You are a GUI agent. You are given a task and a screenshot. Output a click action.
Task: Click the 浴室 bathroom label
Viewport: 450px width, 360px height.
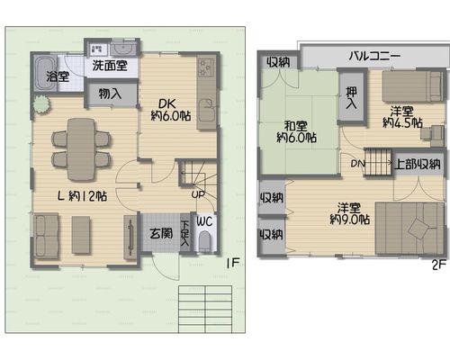click(x=58, y=76)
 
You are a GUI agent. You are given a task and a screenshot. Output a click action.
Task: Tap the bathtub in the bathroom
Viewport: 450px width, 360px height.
click(x=45, y=74)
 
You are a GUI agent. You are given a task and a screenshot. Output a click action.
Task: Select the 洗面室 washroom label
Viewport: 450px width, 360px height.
click(x=110, y=65)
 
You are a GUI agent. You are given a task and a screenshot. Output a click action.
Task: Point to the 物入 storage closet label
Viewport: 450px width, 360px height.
click(x=110, y=94)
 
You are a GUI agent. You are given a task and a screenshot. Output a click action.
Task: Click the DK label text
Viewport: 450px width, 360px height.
click(x=167, y=103)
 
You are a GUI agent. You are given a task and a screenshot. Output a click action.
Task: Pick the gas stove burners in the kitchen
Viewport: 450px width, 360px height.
click(x=207, y=67)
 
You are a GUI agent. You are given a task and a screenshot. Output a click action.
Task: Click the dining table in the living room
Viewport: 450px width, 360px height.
click(x=81, y=149)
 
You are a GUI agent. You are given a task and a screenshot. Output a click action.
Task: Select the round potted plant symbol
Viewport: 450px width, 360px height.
click(x=41, y=104)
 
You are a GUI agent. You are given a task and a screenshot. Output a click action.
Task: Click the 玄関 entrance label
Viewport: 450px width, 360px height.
click(x=161, y=233)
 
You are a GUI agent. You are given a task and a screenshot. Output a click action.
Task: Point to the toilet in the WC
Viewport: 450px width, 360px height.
click(x=206, y=241)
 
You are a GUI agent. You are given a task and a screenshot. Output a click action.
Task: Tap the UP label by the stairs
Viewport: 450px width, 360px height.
click(x=198, y=194)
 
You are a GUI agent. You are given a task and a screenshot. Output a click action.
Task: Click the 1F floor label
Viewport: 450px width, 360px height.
click(x=233, y=263)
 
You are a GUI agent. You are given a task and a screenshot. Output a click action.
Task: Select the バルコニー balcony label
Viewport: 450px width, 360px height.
click(x=374, y=56)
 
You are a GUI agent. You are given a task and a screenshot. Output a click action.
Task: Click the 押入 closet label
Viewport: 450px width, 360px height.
click(x=351, y=98)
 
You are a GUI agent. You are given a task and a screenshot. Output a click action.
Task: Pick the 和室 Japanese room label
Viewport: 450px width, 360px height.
click(x=296, y=126)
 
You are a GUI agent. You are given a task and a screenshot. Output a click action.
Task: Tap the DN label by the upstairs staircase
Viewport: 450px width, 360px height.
click(x=357, y=164)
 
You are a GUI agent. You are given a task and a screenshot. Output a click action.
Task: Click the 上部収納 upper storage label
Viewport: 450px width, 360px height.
click(x=418, y=164)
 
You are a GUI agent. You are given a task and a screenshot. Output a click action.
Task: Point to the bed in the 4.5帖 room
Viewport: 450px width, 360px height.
click(x=413, y=86)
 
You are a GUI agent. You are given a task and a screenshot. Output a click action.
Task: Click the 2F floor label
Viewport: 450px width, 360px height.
click(x=438, y=265)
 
